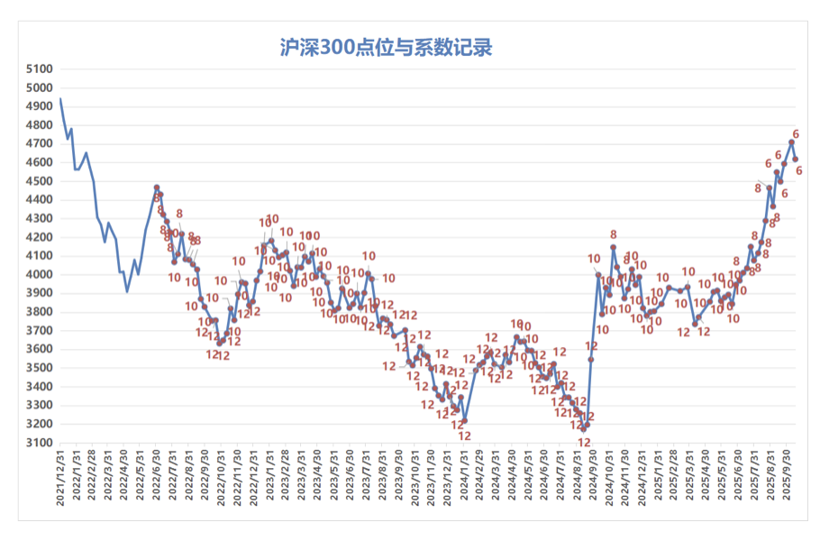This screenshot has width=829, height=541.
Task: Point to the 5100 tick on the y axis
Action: (41, 69)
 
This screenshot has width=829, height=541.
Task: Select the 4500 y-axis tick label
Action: (41, 181)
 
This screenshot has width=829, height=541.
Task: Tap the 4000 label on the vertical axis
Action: (41, 274)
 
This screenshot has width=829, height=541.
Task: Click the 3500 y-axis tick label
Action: (41, 368)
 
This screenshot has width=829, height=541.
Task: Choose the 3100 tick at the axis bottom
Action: (41, 443)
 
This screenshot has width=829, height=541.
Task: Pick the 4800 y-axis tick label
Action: (41, 124)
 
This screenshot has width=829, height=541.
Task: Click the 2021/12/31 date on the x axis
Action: (60, 478)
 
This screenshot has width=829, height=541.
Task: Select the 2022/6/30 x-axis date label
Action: (157, 478)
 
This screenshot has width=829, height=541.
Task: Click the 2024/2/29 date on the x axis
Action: (478, 478)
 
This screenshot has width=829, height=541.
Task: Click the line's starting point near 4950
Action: (60, 97)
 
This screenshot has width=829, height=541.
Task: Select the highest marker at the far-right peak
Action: (791, 142)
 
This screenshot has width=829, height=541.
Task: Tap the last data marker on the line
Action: (796, 159)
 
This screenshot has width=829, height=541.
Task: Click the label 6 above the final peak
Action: (796, 134)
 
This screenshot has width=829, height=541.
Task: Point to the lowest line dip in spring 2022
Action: (127, 291)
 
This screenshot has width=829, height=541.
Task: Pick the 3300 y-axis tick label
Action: (41, 406)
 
